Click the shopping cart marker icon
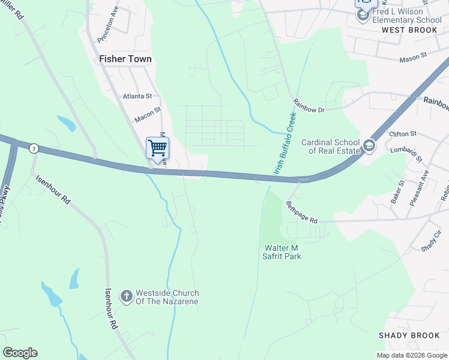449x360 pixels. pyautogui.click(x=157, y=148)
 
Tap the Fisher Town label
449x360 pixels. pyautogui.click(x=125, y=59)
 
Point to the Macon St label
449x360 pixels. pyautogui.click(x=148, y=115)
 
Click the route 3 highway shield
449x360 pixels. pyautogui.click(x=34, y=148)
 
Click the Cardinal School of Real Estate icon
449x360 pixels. pyautogui.click(x=369, y=145)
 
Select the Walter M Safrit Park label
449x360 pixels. pyautogui.click(x=282, y=252)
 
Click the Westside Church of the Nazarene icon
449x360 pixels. pyautogui.click(x=126, y=296)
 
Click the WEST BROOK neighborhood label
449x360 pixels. pyautogui.click(x=409, y=30)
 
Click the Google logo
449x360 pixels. pyautogui.click(x=20, y=353)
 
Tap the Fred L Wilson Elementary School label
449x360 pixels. pyautogui.click(x=406, y=16)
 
